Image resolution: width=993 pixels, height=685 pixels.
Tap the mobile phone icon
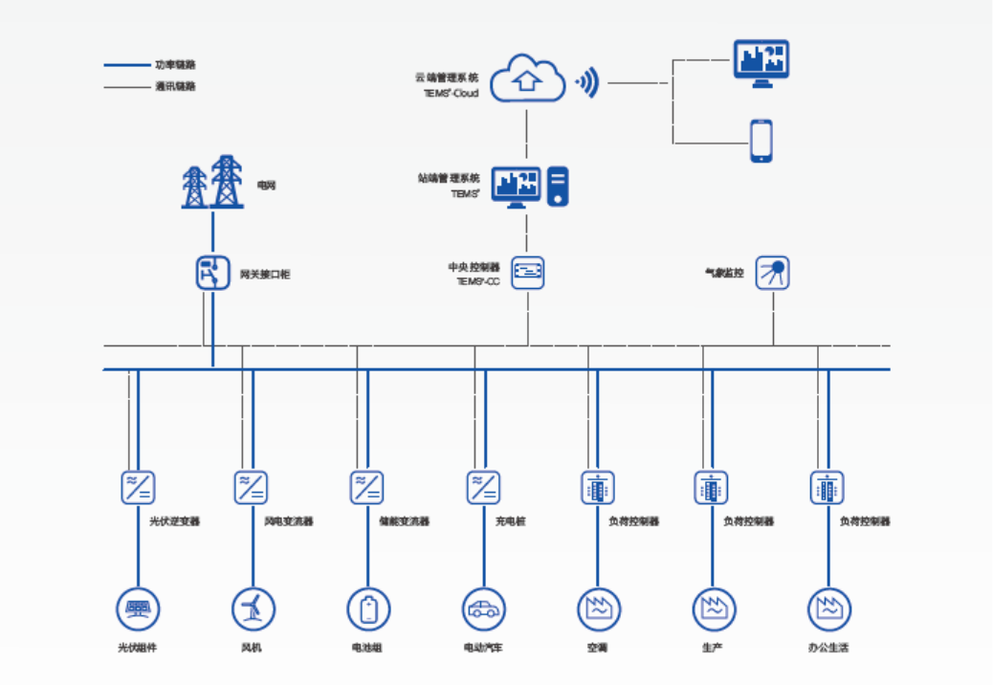pos(761,141)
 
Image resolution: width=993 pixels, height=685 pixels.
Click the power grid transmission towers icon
pos(211,182)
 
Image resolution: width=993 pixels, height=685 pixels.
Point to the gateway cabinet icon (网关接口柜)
pos(212,273)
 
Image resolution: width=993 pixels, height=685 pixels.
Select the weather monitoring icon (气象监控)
pos(773,273)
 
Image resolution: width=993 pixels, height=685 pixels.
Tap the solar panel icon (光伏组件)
pos(139,608)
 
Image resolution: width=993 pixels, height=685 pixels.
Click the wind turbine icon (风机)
pos(254,608)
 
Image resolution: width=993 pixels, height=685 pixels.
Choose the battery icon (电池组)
pos(368,608)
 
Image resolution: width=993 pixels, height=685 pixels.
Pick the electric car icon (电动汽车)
pos(484,608)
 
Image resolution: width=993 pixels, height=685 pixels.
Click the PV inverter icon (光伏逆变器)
pos(139,487)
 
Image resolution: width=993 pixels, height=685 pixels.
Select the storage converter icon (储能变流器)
pos(367,487)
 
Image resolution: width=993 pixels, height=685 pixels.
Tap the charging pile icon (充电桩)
pos(484,487)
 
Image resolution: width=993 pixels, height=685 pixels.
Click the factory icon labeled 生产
pos(714,608)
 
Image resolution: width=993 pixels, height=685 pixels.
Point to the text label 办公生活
pos(828,649)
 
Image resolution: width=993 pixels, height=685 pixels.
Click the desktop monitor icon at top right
pos(761,63)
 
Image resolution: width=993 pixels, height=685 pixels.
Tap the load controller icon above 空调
pos(598,487)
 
